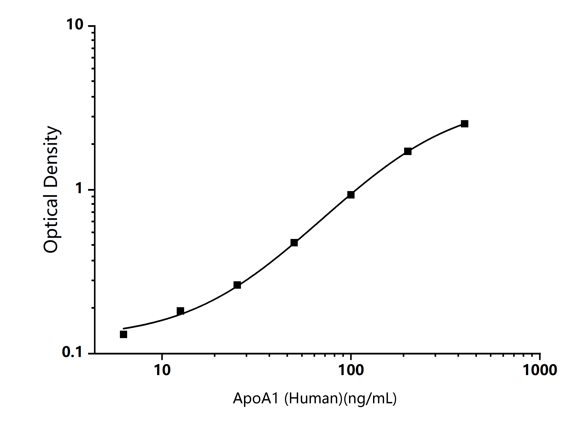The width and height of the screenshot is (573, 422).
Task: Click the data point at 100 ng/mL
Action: (351, 195)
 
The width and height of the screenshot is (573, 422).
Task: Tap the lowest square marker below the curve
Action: (123, 334)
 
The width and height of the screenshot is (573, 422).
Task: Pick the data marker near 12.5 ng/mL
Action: (180, 311)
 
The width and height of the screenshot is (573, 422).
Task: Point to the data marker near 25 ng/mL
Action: (237, 285)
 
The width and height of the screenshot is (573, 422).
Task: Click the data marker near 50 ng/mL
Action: (294, 243)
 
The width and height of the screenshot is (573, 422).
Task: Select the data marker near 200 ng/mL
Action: (408, 151)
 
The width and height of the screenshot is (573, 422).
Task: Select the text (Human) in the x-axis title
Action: (313, 399)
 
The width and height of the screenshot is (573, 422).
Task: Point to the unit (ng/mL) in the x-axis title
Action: (370, 399)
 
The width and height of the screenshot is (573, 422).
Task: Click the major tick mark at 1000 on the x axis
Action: (540, 357)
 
